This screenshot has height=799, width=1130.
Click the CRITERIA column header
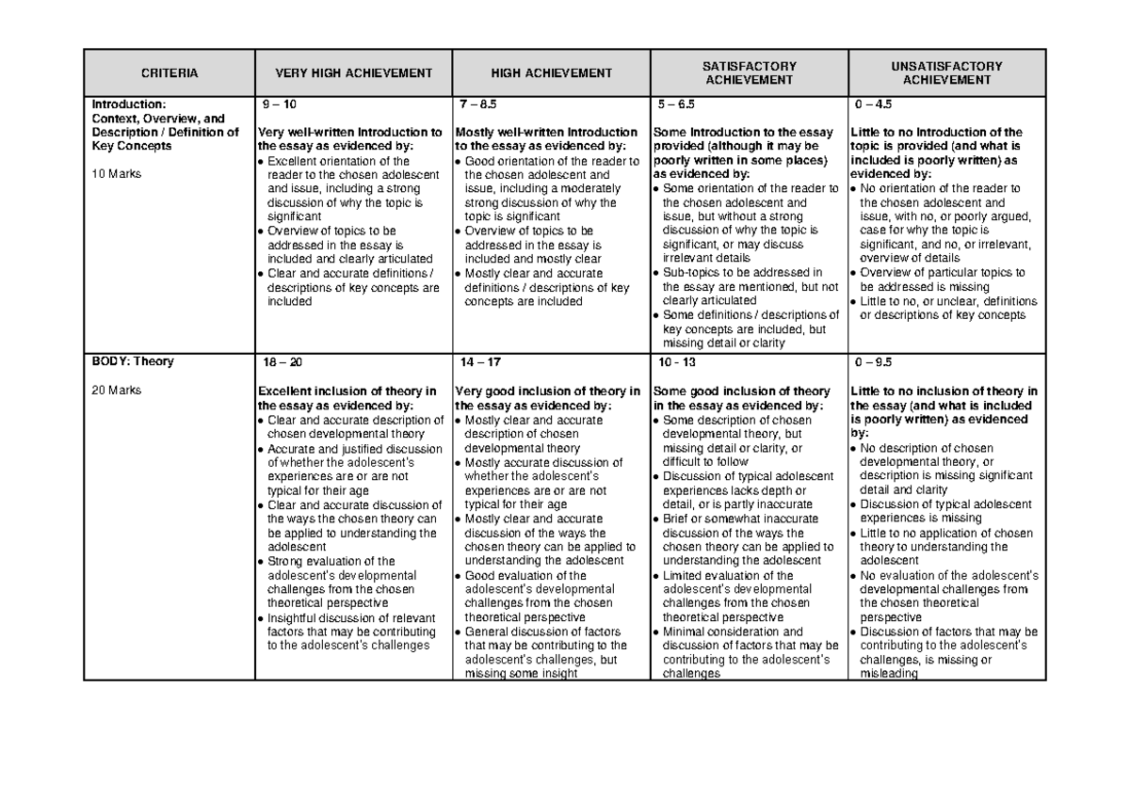[170, 72]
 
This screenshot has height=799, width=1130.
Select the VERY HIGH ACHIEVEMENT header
[353, 72]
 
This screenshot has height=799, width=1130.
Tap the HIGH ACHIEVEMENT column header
[551, 72]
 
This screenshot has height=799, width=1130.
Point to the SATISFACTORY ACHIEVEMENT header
[749, 72]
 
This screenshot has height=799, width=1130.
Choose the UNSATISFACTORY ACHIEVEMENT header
[946, 72]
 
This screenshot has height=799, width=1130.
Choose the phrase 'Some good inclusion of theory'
[741, 391]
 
